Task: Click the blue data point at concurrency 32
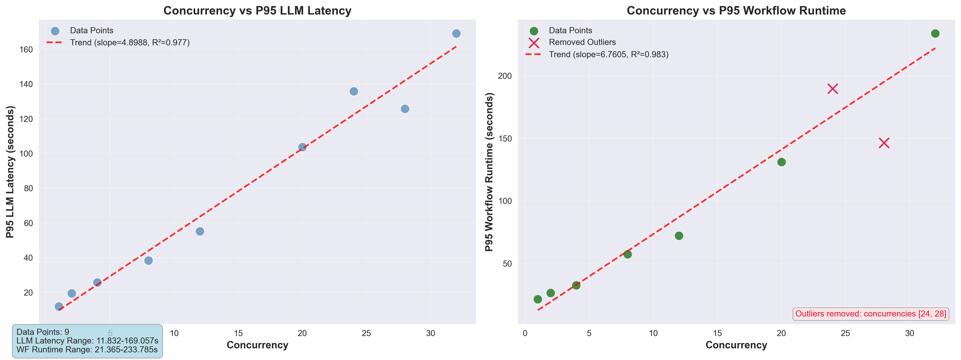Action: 456,34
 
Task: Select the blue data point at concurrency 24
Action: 354,91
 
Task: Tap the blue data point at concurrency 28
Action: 405,109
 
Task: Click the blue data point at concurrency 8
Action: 148,260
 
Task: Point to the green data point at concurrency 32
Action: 935,34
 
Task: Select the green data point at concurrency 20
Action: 781,162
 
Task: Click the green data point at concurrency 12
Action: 679,236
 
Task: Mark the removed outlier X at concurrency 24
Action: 833,89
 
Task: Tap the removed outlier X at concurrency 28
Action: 884,143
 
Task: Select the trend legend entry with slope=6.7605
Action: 608,54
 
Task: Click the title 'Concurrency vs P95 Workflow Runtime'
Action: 736,10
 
